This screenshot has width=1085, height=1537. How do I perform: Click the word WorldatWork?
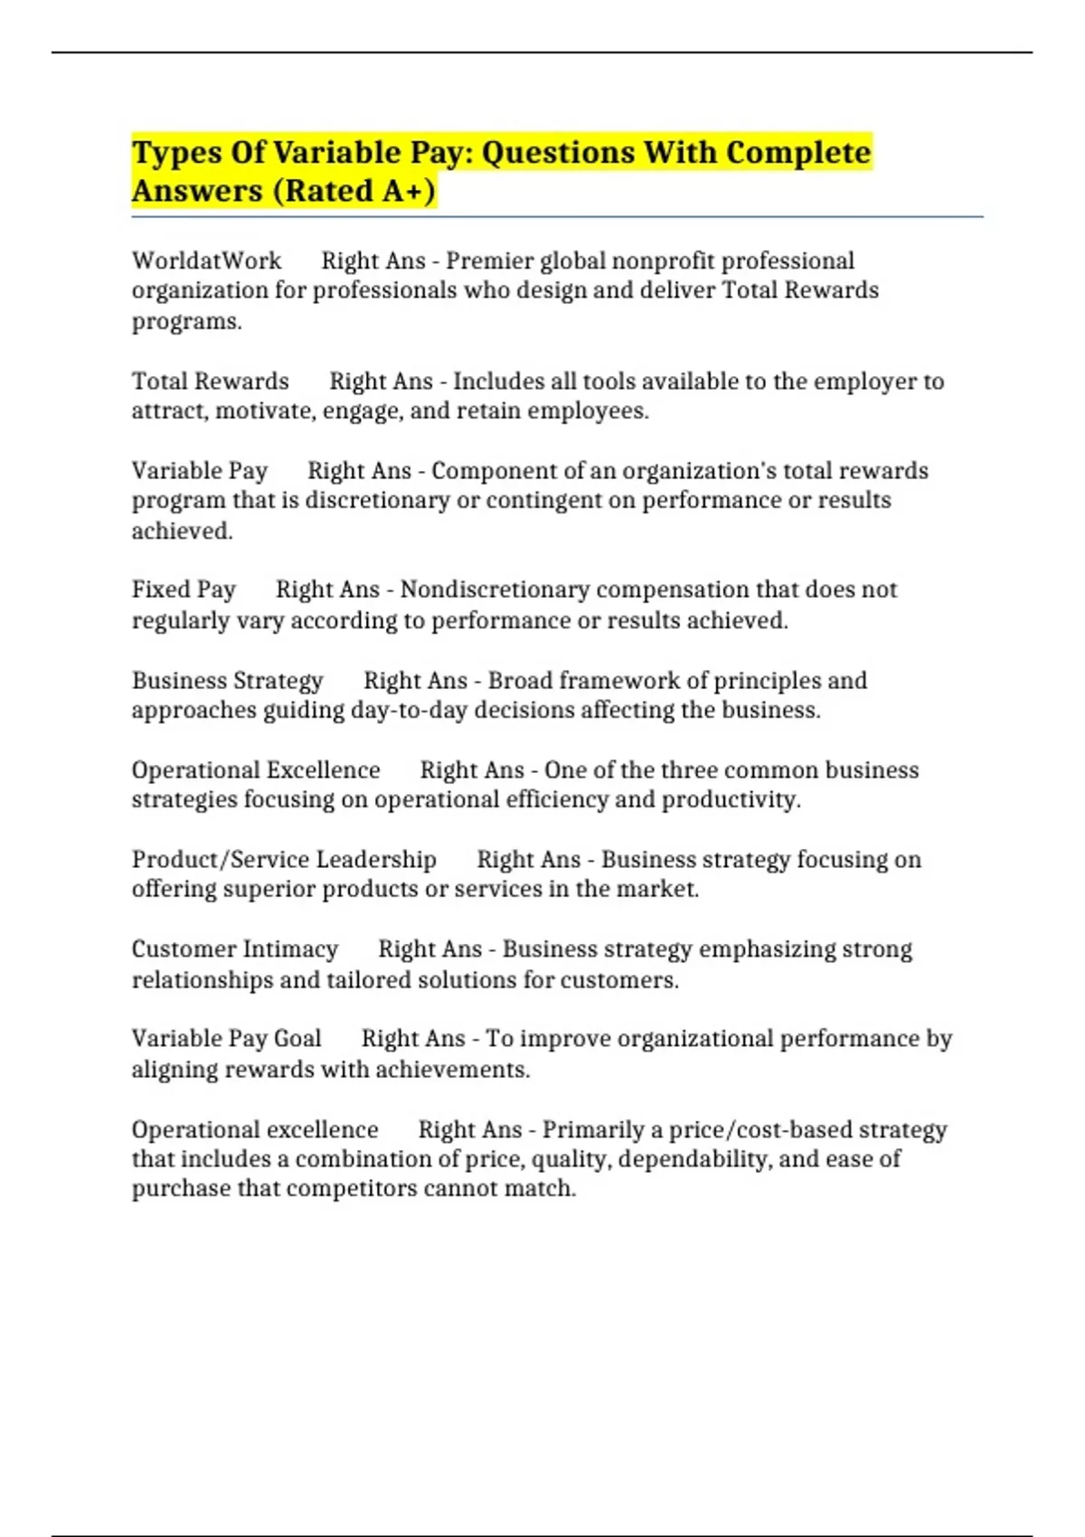coord(206,261)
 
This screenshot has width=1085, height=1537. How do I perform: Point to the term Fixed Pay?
coord(184,589)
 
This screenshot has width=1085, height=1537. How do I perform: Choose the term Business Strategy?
coord(227,680)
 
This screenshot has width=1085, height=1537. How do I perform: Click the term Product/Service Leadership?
coord(284,859)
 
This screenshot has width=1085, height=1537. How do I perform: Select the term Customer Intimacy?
coord(234,949)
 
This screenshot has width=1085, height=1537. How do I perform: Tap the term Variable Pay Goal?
coord(226,1039)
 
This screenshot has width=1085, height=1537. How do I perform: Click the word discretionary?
coord(377,501)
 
